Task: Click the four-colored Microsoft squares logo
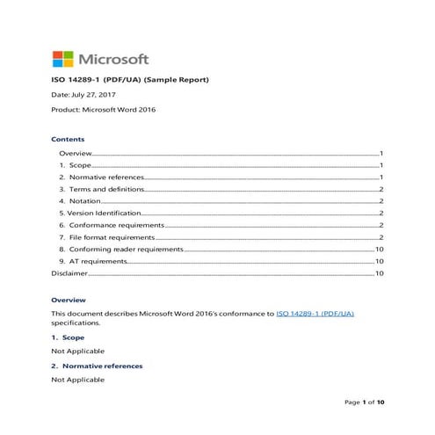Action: [63, 59]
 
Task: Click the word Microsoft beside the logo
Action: [113, 60]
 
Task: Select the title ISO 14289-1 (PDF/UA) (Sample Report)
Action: [129, 80]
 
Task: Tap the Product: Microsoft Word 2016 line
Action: [106, 110]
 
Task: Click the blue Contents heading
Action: [68, 140]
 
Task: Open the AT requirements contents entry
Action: [91, 262]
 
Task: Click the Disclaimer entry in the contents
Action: [69, 273]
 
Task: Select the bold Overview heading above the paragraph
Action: [68, 300]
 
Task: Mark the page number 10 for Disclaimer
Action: [380, 273]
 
